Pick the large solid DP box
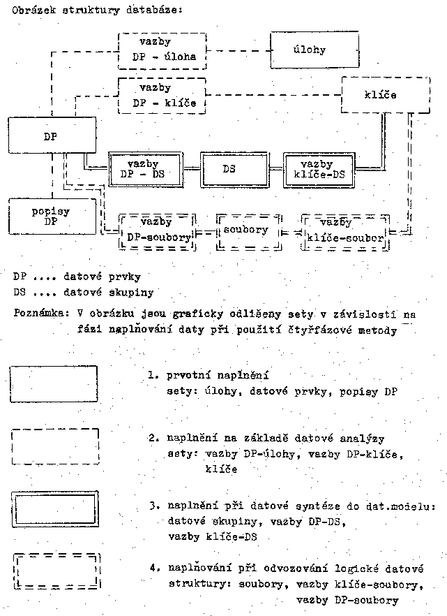tap(50, 137)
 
